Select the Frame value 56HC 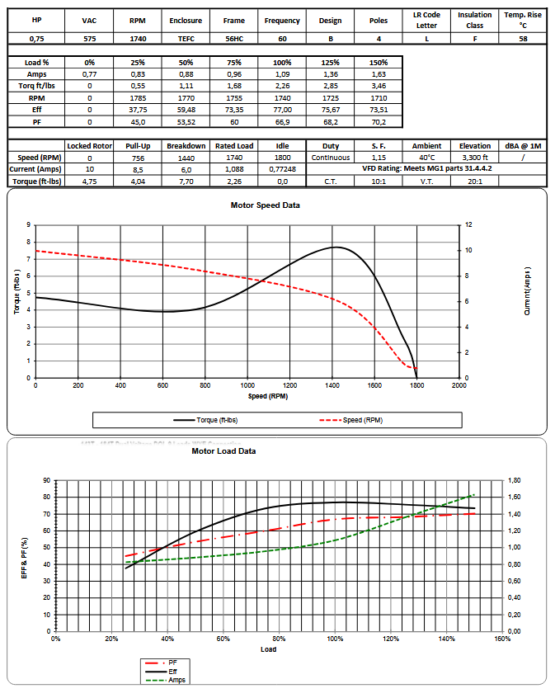(234, 39)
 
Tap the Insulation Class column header (475, 20)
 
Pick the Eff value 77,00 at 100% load (283, 109)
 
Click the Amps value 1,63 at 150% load (378, 74)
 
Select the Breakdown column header (186, 146)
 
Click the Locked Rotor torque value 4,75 (90, 181)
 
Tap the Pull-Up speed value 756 (139, 158)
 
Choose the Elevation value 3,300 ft (476, 158)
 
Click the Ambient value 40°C (426, 158)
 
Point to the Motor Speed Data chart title (265, 205)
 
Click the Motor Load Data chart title (223, 451)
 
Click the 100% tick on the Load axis (335, 639)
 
